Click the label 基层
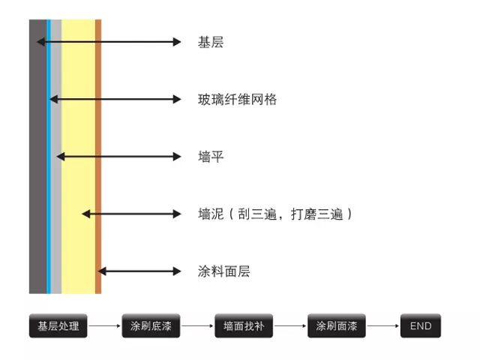211,42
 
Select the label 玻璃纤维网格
237,100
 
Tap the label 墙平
211,157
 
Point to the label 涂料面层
223,271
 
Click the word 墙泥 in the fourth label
211,214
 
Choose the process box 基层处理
58,325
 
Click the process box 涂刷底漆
151,325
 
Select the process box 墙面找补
244,325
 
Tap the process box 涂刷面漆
337,325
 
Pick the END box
421,325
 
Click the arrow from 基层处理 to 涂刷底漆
104,325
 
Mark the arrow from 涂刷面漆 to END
383,325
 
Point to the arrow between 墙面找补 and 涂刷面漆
290,325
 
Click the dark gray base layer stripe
37,157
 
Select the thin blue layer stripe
49,157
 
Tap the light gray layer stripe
56,157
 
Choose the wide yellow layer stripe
78,157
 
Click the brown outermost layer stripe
98,157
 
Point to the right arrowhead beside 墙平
177,157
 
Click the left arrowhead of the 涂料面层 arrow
102,271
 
